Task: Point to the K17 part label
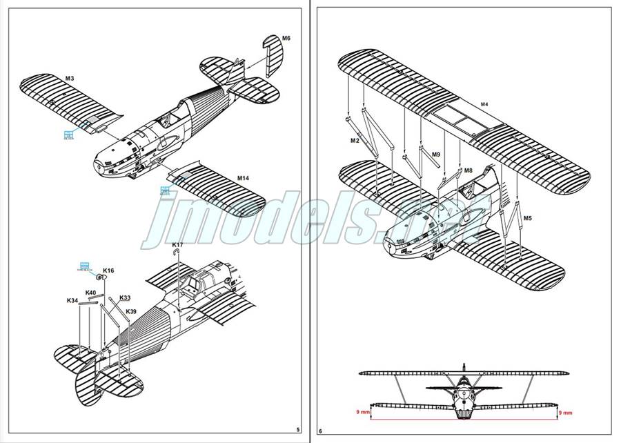(x=177, y=245)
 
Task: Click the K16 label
(x=108, y=270)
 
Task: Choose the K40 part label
(x=90, y=293)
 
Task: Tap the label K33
(x=124, y=298)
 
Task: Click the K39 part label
(x=131, y=311)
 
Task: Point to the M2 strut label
(x=355, y=140)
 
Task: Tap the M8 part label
(x=468, y=170)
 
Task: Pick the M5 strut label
(x=527, y=218)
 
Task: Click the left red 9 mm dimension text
(x=363, y=412)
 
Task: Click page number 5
(x=297, y=430)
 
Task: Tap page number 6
(x=320, y=431)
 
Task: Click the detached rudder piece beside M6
(x=268, y=50)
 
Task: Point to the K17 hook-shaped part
(x=178, y=256)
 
